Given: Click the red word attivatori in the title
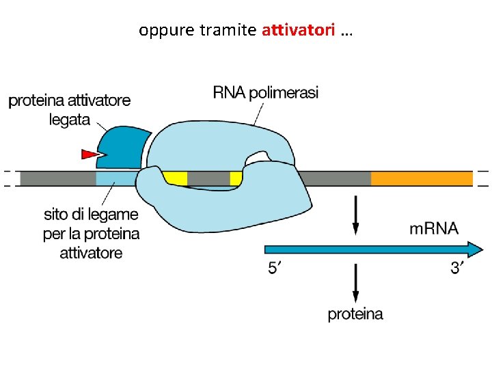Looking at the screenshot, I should point(298,31).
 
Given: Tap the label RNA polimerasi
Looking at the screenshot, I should point(266,92).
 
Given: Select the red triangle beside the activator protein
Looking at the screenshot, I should point(91,154).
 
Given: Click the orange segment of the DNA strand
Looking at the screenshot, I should point(421,179).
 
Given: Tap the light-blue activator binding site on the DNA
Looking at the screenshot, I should point(115,179).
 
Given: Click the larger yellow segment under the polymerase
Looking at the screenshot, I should point(176,178).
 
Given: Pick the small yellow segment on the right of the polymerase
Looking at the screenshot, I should point(236,179).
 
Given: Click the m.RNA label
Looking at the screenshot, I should point(433,228).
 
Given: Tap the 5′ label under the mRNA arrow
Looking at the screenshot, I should point(273,269).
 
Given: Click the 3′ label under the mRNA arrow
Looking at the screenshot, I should point(457,269).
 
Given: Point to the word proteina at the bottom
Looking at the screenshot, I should point(355,314).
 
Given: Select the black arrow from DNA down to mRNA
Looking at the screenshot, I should point(355,216).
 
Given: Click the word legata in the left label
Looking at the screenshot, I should point(70,119).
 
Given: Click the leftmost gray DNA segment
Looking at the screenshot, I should point(57,179).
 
